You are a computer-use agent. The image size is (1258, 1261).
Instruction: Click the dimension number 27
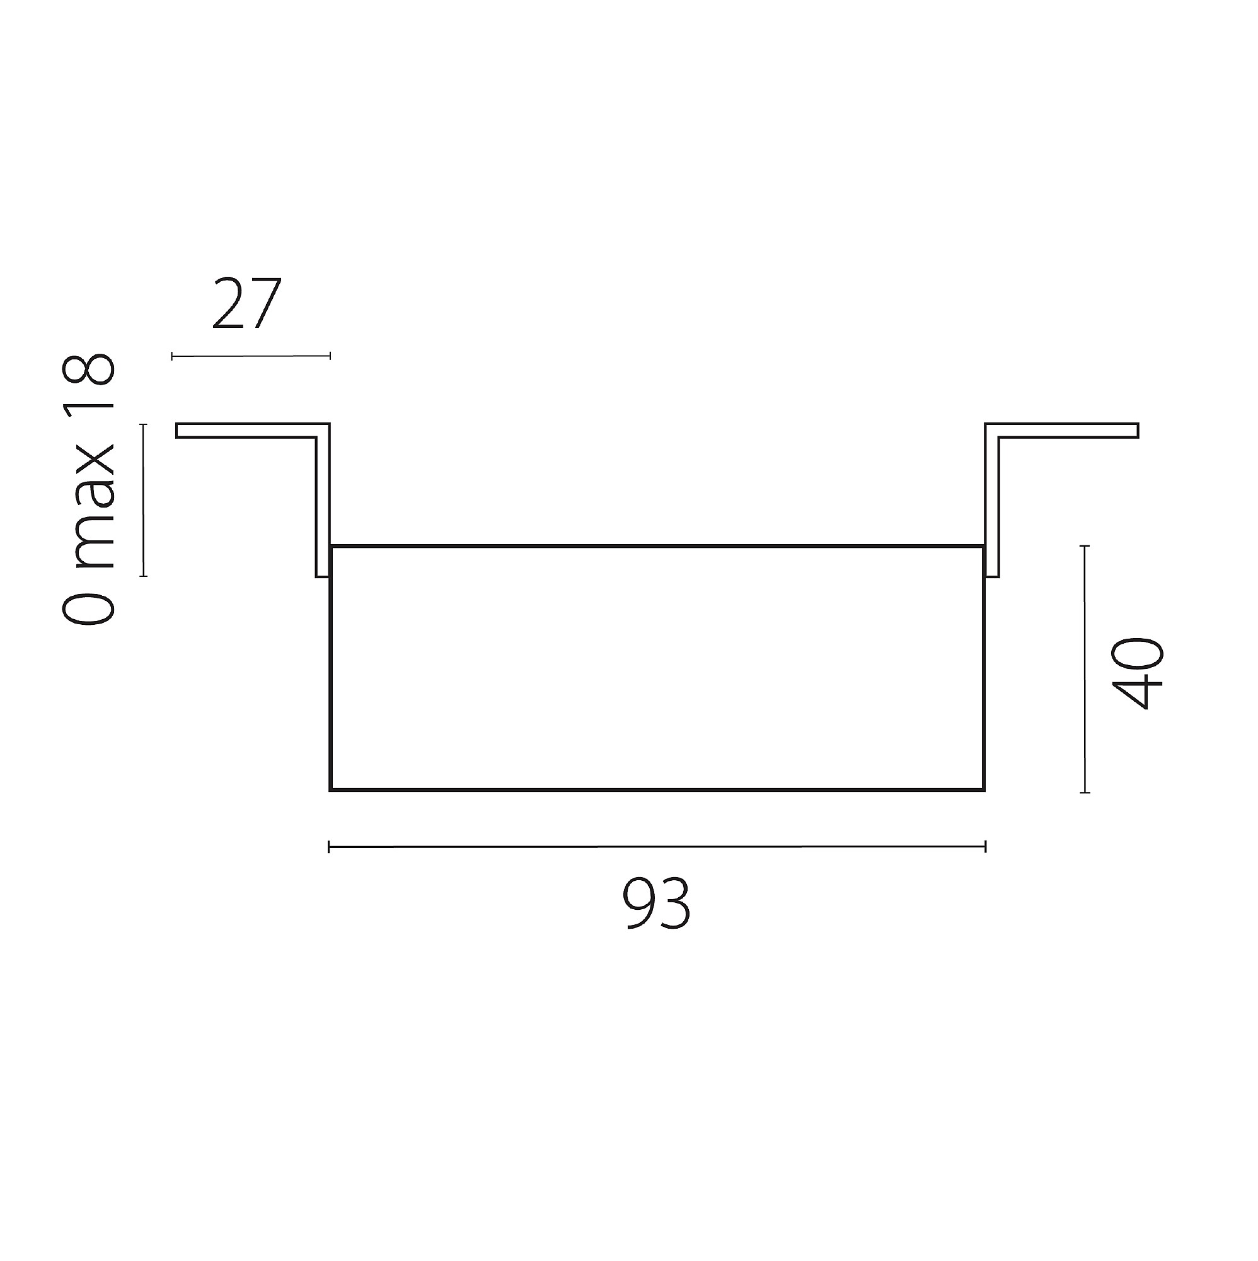pyautogui.click(x=246, y=303)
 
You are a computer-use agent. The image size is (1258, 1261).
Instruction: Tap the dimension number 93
pyautogui.click(x=656, y=904)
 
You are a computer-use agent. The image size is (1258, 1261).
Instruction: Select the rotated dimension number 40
pyautogui.click(x=1137, y=673)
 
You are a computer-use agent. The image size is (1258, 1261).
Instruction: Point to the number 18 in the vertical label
pyautogui.click(x=89, y=387)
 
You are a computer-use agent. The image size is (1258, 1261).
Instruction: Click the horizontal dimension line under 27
pyautogui.click(x=251, y=356)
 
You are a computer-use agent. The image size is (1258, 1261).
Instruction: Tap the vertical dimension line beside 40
pyautogui.click(x=1085, y=669)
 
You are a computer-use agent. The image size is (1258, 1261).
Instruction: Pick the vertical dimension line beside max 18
pyautogui.click(x=144, y=500)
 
